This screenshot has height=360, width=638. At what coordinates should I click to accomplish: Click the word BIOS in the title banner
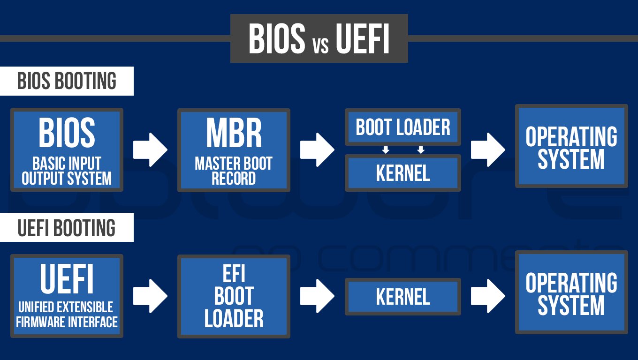click(277, 39)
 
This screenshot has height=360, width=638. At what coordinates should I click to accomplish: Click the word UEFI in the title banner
click(363, 39)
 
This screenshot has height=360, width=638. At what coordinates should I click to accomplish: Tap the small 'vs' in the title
click(320, 45)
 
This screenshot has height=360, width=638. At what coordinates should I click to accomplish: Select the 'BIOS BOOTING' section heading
click(67, 81)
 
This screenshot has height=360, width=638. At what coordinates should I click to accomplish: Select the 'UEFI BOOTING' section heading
click(67, 228)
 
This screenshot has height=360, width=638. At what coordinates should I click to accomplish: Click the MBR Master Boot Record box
click(234, 150)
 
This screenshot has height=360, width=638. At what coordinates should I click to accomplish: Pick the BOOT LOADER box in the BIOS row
click(403, 127)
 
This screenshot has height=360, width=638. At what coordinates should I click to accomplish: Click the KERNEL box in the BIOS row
click(403, 173)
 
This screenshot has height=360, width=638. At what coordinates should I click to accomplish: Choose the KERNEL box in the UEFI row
click(403, 296)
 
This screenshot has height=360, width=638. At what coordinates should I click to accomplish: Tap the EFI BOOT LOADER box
click(234, 296)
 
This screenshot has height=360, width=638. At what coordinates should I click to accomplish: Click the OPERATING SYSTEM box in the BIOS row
click(571, 146)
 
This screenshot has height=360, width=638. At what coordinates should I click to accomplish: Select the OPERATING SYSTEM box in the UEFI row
click(571, 292)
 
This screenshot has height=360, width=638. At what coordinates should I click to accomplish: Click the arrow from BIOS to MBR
click(150, 150)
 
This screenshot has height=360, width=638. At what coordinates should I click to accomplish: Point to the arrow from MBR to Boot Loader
click(317, 150)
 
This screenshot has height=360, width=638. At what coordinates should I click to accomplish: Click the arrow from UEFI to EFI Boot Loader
click(150, 296)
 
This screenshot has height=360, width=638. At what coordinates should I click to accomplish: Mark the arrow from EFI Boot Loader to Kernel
click(317, 296)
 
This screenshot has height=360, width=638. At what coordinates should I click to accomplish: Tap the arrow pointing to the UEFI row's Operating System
click(488, 296)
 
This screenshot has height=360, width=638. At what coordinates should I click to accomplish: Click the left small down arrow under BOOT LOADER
click(385, 150)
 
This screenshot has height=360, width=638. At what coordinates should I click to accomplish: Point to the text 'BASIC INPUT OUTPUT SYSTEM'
click(67, 171)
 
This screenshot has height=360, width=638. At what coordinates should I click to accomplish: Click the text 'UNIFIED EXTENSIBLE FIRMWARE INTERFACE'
click(67, 315)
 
